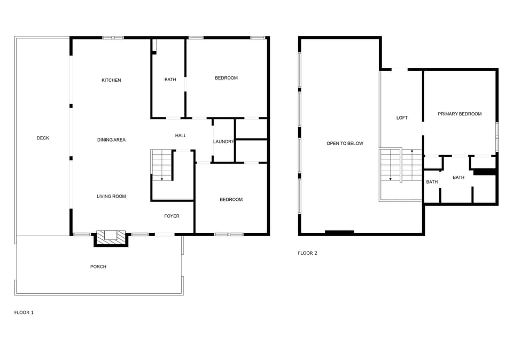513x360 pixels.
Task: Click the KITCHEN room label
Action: tap(111, 80)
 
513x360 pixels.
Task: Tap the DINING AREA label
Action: tap(111, 140)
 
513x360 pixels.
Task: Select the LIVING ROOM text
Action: tap(111, 197)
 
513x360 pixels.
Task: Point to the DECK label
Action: tap(43, 138)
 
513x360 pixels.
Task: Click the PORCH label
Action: tap(98, 267)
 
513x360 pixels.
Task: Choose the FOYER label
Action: tap(172, 216)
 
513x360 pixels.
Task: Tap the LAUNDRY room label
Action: tap(223, 142)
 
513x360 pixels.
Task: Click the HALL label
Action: tap(181, 136)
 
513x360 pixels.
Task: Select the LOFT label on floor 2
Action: tap(402, 118)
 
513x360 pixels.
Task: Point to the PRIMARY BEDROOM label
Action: tap(460, 114)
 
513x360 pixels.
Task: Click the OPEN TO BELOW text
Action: tap(345, 143)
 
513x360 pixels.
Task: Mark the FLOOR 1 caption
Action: tap(24, 312)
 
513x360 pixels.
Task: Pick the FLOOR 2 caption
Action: tap(307, 253)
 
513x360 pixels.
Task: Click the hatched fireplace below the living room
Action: tap(111, 238)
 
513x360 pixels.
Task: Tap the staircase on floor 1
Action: tap(162, 165)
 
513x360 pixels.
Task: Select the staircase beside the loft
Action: tap(401, 165)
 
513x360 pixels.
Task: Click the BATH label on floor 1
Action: tap(170, 80)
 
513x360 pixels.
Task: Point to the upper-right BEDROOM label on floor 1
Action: tap(226, 78)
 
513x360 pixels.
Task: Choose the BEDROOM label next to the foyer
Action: tap(231, 200)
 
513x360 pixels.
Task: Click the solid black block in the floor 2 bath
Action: tap(485, 172)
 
